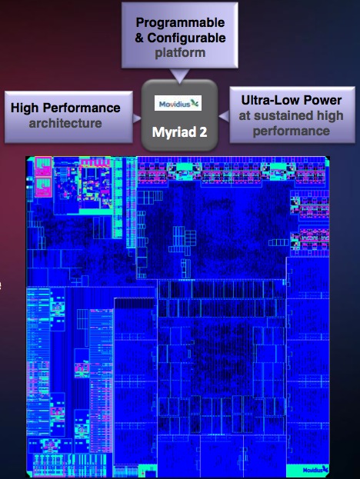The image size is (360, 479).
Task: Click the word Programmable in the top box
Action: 180,22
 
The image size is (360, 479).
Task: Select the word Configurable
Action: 186,38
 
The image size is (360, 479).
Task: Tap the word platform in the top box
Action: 180,53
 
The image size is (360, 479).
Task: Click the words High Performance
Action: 65,108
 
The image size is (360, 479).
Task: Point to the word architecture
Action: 65,123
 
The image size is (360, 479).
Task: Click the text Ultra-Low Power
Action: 292,100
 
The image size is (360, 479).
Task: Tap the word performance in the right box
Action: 292,131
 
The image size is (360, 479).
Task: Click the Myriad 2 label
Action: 180,132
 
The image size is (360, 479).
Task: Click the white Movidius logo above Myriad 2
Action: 178,103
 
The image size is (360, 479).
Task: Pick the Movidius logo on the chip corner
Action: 315,470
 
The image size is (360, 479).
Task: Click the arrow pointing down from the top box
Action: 180,75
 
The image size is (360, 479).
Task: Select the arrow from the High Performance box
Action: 137,118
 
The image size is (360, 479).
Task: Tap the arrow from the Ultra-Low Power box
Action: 225,116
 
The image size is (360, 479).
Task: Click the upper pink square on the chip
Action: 43,167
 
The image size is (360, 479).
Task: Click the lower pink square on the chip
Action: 43,188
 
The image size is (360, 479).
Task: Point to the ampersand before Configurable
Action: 139,38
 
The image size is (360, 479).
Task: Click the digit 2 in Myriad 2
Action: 204,132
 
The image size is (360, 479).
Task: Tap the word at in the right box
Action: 245,116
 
